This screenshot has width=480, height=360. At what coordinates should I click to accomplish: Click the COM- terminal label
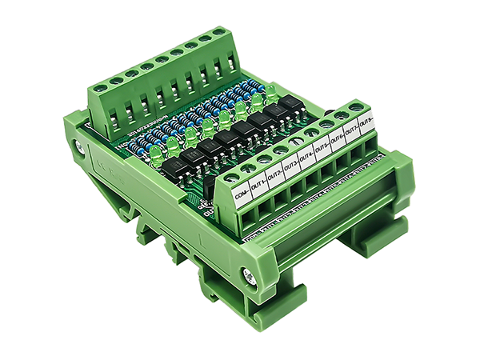click(x=242, y=192)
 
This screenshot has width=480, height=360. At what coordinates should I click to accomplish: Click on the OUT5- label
click(x=323, y=148)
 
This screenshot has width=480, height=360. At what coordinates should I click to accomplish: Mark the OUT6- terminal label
click(x=338, y=140)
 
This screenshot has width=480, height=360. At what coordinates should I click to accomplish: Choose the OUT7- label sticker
click(x=353, y=132)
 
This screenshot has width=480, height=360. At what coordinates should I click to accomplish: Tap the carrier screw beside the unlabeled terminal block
click(x=80, y=146)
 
